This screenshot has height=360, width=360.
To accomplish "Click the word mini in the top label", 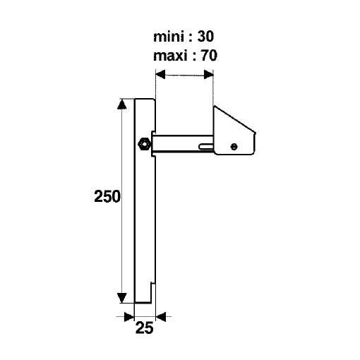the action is (x=169, y=37).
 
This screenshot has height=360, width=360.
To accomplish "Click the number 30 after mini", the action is (x=205, y=37).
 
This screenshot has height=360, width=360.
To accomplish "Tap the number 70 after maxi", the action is (x=208, y=56).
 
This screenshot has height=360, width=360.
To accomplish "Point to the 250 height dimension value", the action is (x=107, y=196).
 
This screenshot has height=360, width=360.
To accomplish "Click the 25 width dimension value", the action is (x=144, y=328).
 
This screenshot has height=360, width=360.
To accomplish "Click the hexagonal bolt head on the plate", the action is (x=144, y=144).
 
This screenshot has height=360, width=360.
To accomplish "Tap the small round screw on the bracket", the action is (x=234, y=147).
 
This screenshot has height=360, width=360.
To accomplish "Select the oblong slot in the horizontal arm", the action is (x=206, y=147).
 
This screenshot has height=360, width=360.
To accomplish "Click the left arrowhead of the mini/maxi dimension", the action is (x=160, y=75).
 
